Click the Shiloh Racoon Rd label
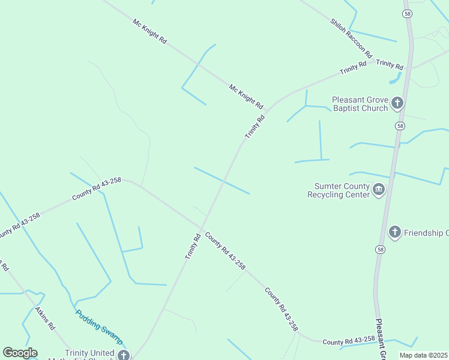(x=351, y=37)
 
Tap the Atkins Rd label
(x=45, y=319)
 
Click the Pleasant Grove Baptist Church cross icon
(x=397, y=103)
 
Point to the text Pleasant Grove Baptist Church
(x=360, y=104)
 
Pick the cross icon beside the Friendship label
(x=394, y=232)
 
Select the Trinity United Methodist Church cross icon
(x=123, y=355)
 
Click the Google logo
(x=20, y=353)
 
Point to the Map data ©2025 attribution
(x=423, y=355)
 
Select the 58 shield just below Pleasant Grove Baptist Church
(x=400, y=126)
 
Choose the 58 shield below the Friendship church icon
(x=380, y=249)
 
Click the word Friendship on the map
(x=426, y=233)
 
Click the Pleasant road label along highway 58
(x=381, y=339)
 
